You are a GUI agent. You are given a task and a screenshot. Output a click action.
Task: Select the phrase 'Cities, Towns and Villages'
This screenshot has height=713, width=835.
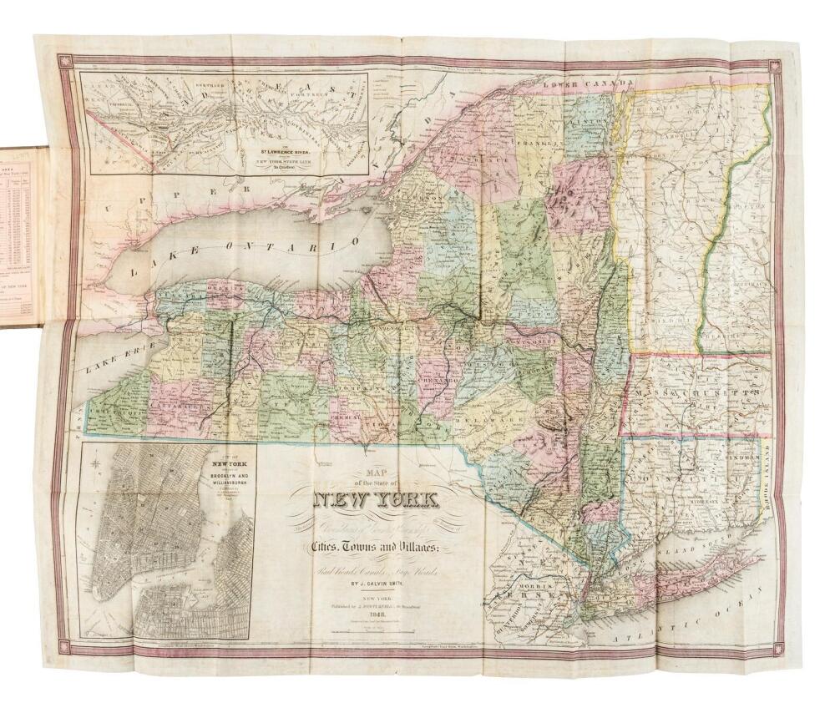tap(373, 544)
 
